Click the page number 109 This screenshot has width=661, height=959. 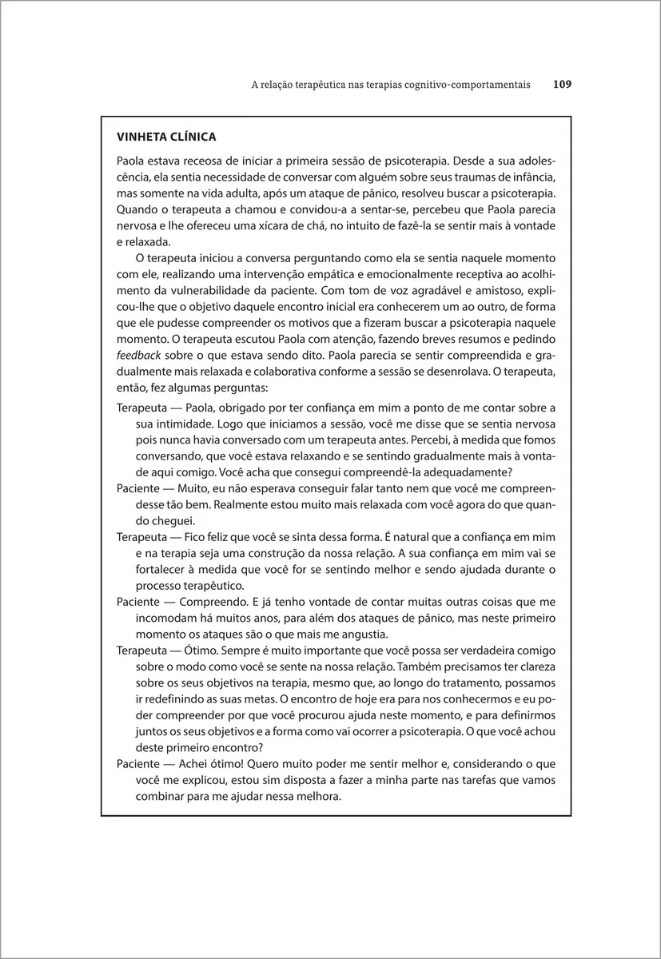(x=562, y=84)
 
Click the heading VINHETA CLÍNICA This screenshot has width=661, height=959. (x=165, y=137)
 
